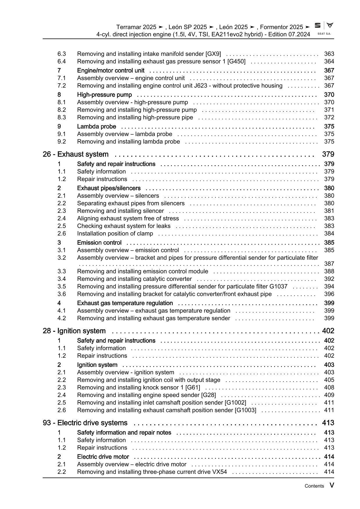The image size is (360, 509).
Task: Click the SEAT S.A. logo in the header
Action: click(324, 28)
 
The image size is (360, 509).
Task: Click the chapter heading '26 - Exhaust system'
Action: click(75, 154)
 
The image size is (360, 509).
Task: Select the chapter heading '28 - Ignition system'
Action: click(74, 331)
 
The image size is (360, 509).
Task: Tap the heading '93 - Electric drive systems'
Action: click(85, 423)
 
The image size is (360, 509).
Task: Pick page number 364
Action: click(329, 61)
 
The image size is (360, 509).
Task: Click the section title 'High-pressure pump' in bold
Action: click(104, 95)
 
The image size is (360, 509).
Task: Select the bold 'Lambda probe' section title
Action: click(96, 126)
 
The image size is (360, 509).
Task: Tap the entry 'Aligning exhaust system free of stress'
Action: click(128, 218)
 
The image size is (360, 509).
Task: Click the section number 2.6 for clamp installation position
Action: click(62, 233)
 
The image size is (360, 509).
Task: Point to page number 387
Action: click(329, 264)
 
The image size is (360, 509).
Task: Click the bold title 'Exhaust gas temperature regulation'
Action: click(125, 303)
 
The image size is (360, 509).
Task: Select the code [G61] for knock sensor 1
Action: click(193, 387)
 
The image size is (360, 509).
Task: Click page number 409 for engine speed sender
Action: click(329, 395)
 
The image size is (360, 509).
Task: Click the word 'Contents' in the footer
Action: click(314, 486)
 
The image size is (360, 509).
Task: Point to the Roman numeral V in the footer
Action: click(332, 485)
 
